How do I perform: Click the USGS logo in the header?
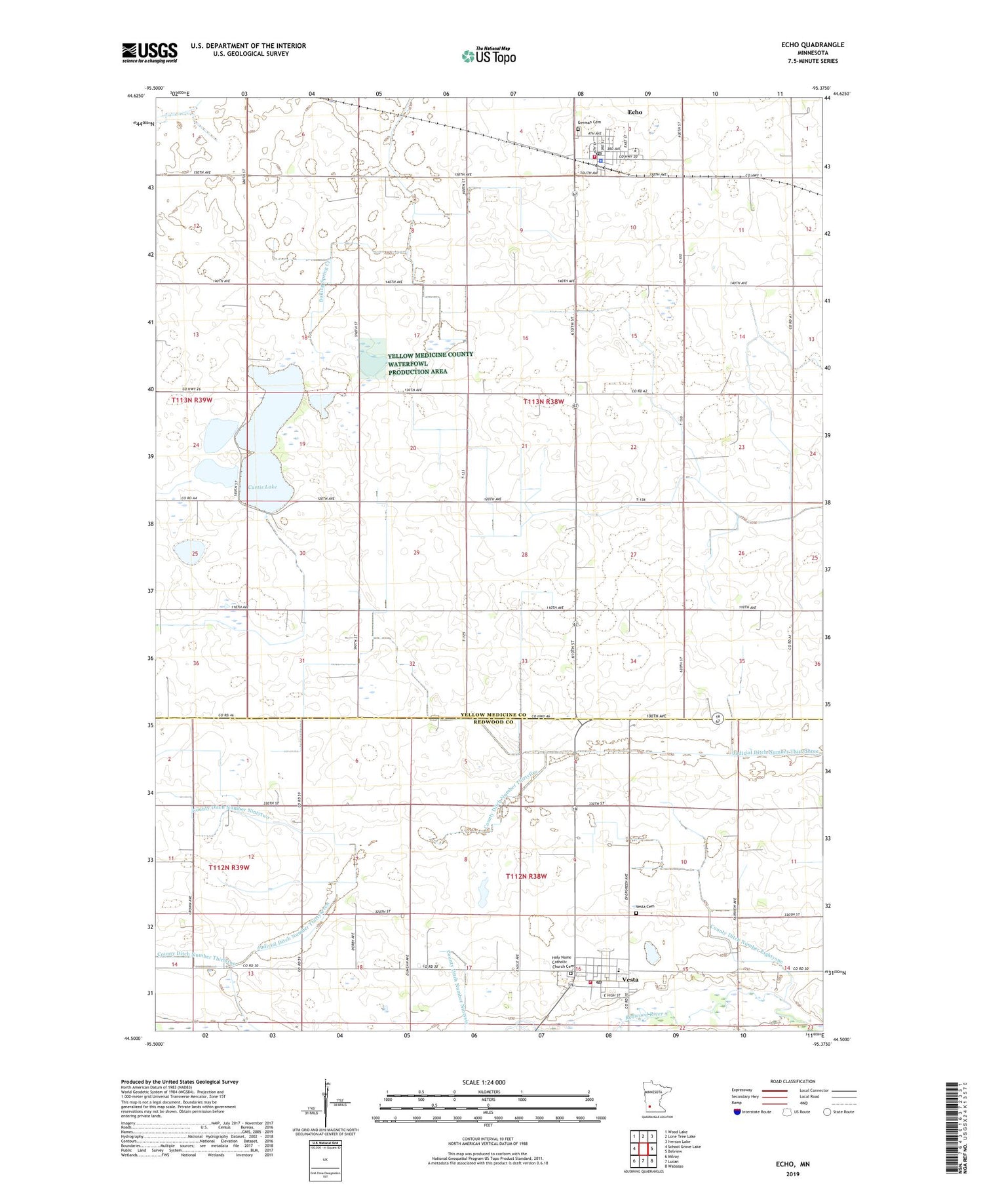click(149, 52)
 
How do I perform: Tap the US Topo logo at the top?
click(488, 56)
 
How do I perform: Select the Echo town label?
click(634, 112)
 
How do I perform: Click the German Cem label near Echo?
click(588, 123)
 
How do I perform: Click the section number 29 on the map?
click(416, 553)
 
